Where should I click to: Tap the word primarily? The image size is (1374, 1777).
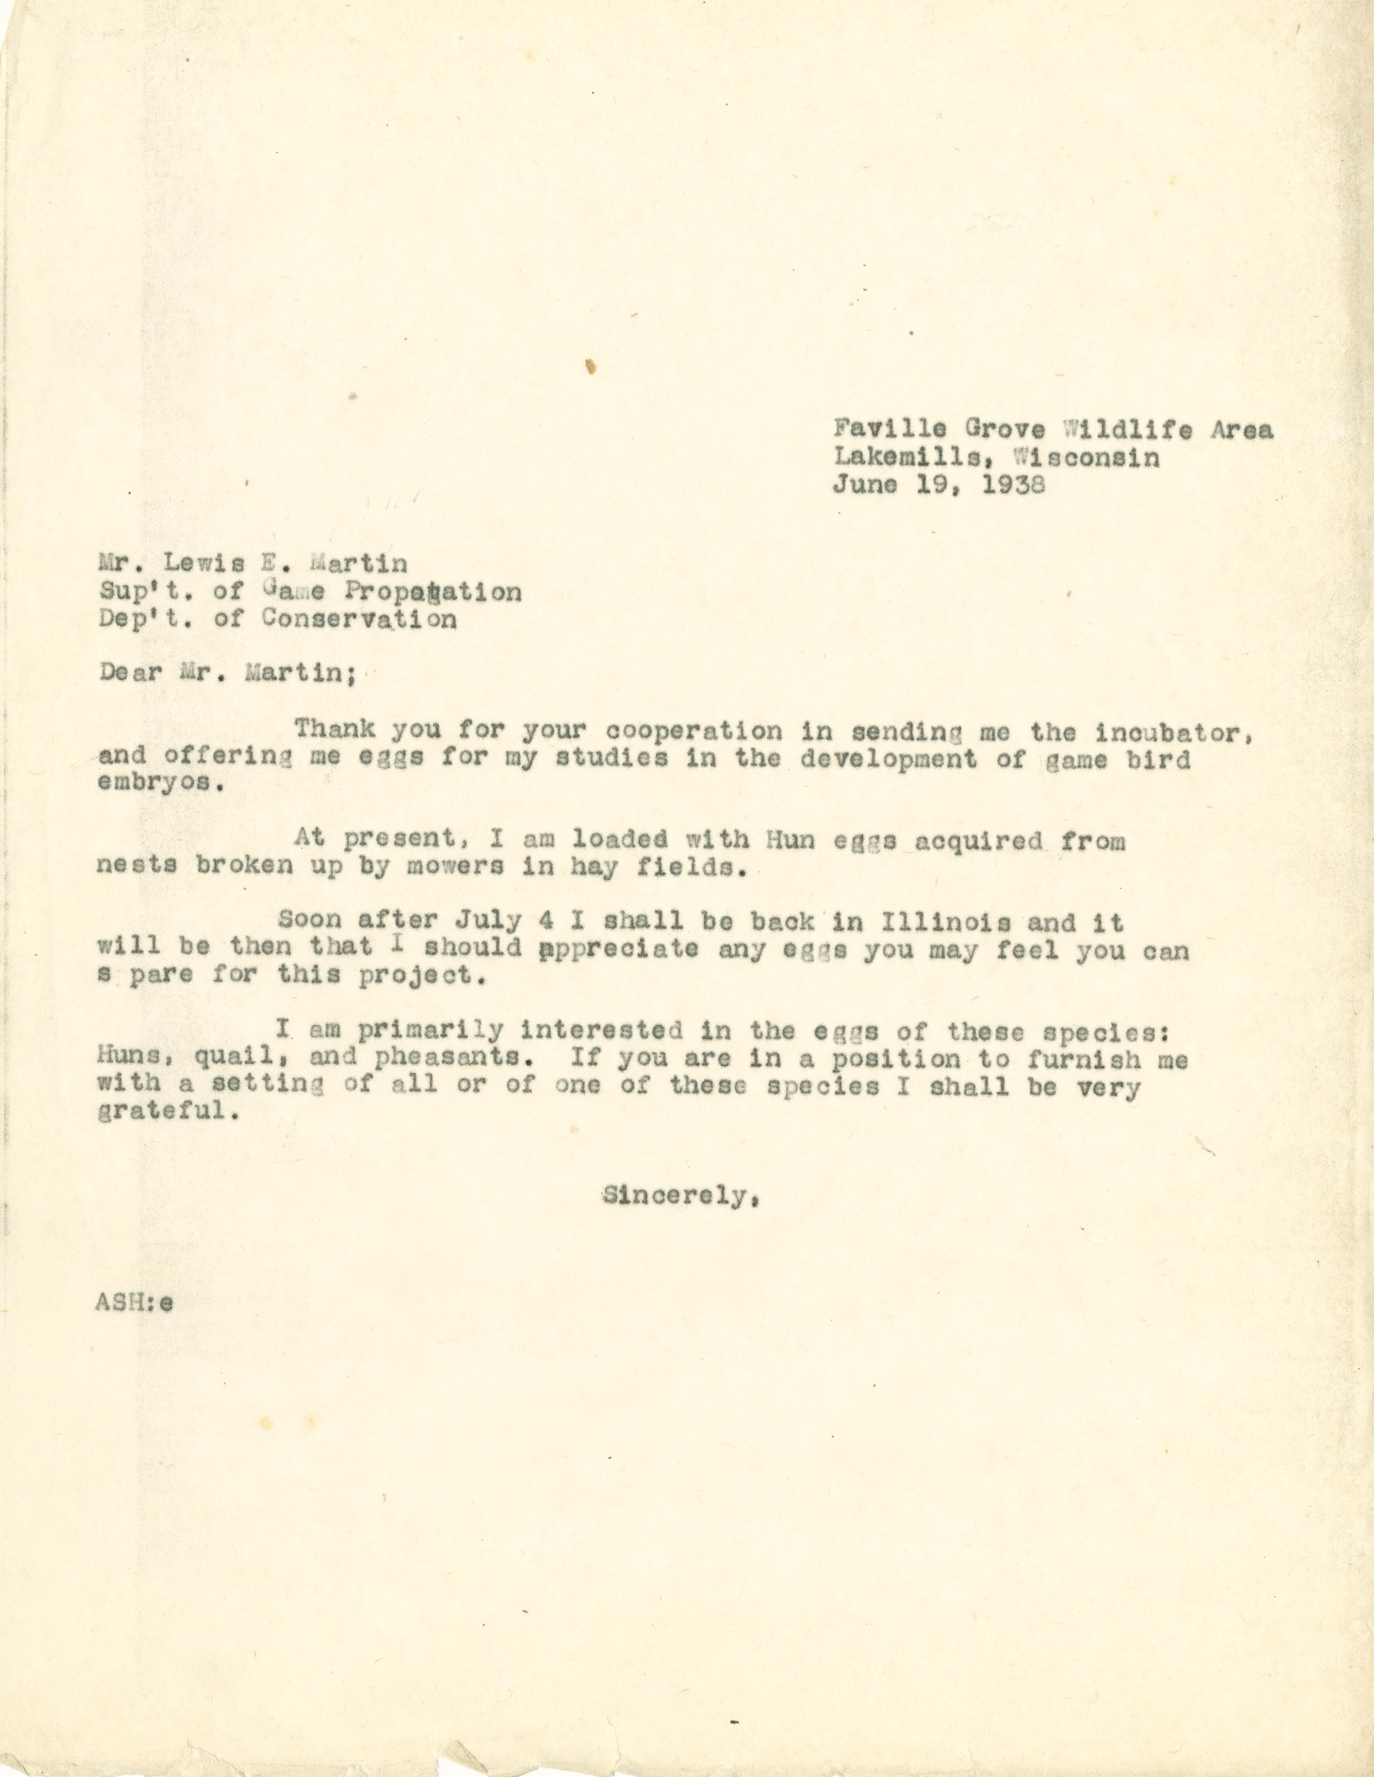(430, 1032)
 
